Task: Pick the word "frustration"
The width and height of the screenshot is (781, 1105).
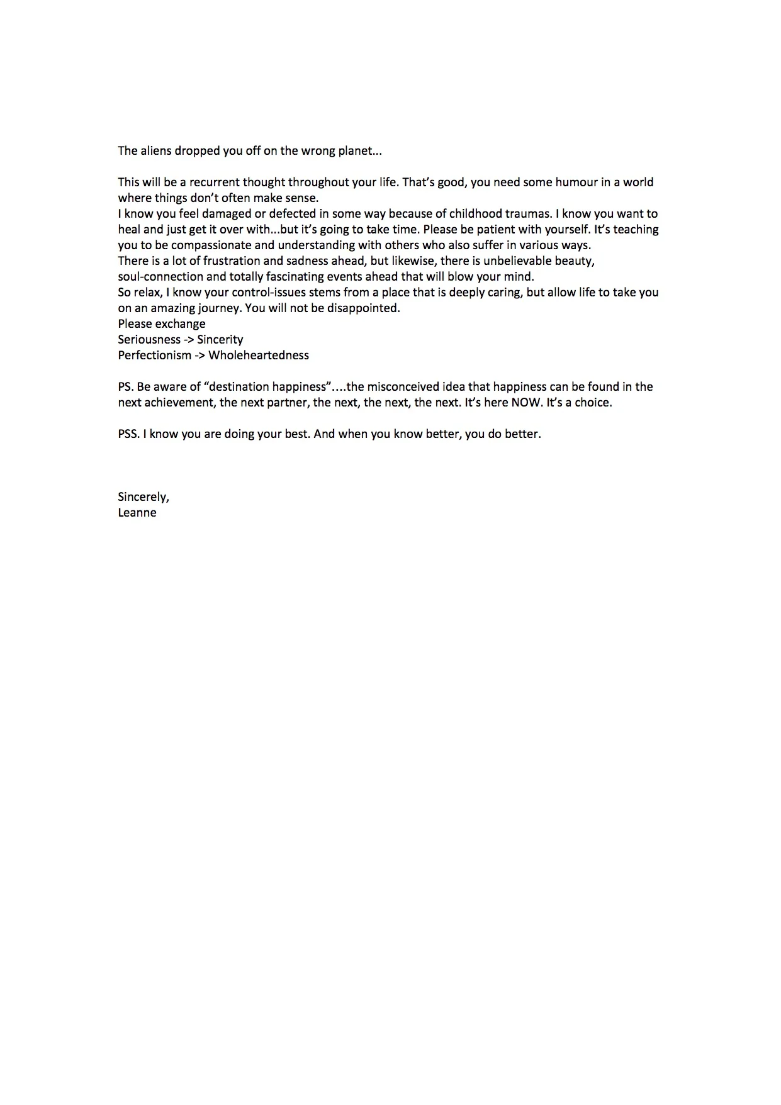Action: pyautogui.click(x=233, y=261)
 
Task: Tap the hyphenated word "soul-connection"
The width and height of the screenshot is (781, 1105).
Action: pyautogui.click(x=160, y=277)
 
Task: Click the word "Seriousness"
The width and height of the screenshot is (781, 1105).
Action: pyautogui.click(x=149, y=340)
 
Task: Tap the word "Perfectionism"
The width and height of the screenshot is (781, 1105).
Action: pyautogui.click(x=154, y=356)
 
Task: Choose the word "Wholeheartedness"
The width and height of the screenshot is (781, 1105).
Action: pyautogui.click(x=259, y=356)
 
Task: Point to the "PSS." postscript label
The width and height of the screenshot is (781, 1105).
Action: pyautogui.click(x=128, y=434)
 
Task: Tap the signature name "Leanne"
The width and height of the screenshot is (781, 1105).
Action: pyautogui.click(x=137, y=513)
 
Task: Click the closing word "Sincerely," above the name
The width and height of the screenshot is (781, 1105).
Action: pyautogui.click(x=143, y=497)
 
